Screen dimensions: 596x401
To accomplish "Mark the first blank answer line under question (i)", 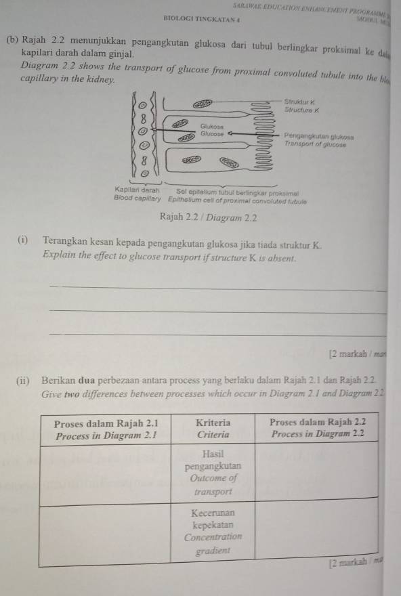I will pos(217,288).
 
